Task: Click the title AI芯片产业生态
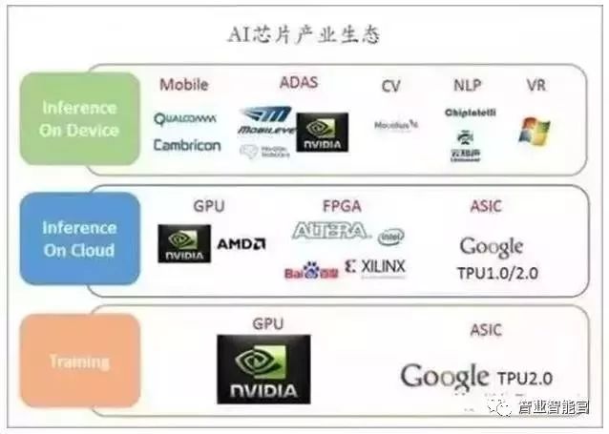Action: pos(304,35)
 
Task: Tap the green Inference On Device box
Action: pos(79,119)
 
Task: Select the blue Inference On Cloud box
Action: pos(79,238)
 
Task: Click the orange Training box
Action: pos(79,362)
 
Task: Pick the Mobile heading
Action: pos(183,85)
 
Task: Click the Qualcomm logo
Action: pos(185,119)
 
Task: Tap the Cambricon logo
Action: pos(187,146)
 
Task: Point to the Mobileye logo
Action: pos(264,121)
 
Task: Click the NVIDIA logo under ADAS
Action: pos(322,133)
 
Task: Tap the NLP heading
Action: pos(468,86)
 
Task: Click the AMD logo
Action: pos(241,244)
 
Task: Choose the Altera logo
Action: pos(329,231)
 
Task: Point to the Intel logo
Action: pos(391,236)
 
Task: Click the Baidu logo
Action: pos(309,272)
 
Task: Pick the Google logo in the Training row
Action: pos(445,376)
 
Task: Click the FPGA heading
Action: pos(342,205)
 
